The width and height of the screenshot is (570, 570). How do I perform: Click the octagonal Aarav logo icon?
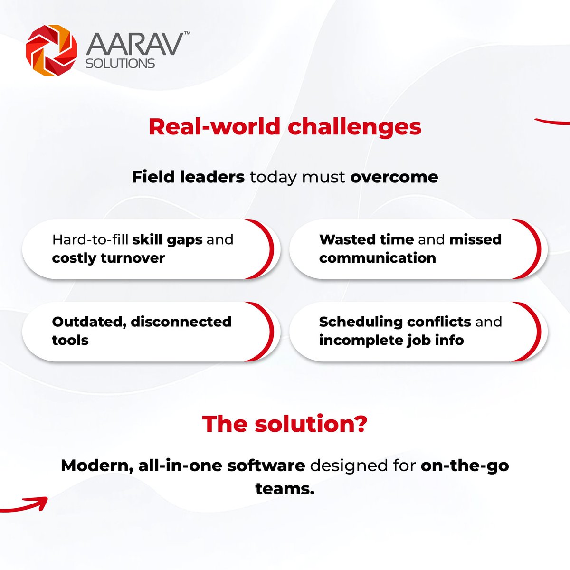[x=51, y=50]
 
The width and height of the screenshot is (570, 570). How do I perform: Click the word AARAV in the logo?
[x=134, y=45]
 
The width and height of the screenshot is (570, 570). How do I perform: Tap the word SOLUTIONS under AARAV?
[x=120, y=64]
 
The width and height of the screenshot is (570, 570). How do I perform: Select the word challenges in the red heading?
[x=354, y=127]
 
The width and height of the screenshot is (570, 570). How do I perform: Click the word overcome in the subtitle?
[x=394, y=177]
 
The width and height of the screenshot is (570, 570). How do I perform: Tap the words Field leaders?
[x=188, y=177]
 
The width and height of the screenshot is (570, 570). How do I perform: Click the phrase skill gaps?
[x=167, y=240]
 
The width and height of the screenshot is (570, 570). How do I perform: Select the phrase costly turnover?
[x=108, y=258]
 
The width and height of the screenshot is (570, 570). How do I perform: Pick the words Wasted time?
[x=366, y=239]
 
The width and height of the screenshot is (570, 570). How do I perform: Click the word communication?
[x=378, y=258]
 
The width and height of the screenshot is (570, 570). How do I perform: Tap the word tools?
[x=70, y=340]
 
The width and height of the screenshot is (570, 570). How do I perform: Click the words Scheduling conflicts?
[x=395, y=322]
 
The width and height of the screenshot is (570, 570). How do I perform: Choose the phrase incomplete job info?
[x=391, y=340]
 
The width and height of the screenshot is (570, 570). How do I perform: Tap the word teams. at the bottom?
[x=285, y=488]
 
